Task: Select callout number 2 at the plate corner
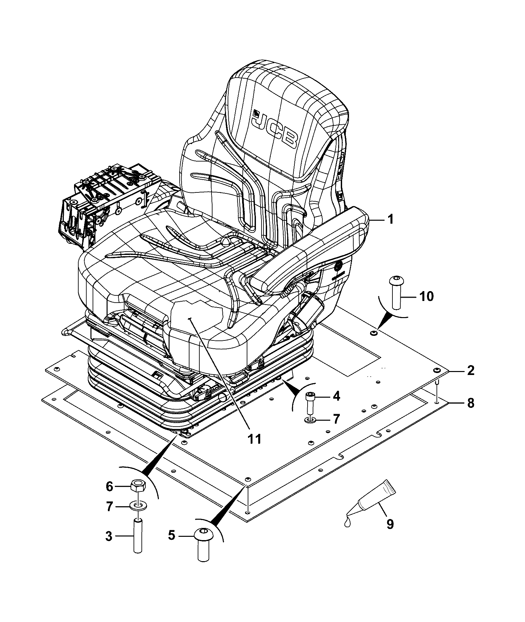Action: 471,371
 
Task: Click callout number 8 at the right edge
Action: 471,403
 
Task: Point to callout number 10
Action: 427,296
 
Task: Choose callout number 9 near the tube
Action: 390,524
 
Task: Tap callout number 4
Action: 336,396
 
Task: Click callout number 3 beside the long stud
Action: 109,536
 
